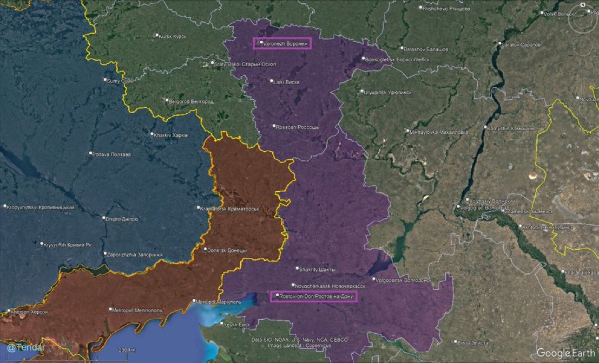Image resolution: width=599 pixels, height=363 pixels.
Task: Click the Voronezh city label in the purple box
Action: (282, 43)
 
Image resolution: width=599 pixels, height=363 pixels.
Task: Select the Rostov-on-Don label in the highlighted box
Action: (314, 296)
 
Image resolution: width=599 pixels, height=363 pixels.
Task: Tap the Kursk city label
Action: (172, 36)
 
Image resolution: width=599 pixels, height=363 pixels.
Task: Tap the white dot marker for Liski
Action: (272, 81)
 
